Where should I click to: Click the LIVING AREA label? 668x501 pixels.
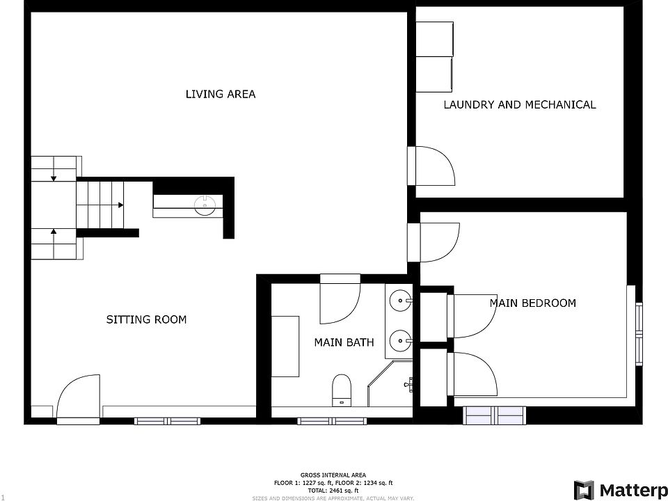tap(220, 94)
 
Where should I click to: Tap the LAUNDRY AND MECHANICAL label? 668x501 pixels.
tap(519, 105)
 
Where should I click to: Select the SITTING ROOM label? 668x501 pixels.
tap(146, 319)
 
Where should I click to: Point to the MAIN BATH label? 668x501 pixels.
tap(344, 342)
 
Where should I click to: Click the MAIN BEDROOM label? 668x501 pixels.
tap(532, 303)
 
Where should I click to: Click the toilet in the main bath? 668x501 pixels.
tap(342, 389)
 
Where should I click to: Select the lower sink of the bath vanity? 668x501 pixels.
tap(401, 341)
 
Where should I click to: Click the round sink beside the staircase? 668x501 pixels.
tap(205, 205)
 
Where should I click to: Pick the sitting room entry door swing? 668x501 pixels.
tap(80, 398)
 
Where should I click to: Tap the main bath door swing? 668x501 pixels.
tap(340, 303)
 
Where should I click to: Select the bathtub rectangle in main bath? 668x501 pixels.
tap(285, 346)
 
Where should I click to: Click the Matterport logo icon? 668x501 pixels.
tap(584, 490)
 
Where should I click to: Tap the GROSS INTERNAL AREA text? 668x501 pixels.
tap(333, 475)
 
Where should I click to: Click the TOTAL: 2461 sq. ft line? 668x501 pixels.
tap(333, 491)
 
